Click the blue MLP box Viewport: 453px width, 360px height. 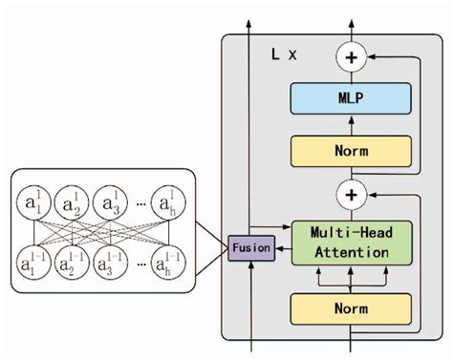coord(351,97)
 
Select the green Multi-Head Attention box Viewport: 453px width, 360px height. coord(351,242)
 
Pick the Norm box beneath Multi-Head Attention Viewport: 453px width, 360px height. coord(351,308)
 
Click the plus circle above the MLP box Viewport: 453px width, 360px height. coord(351,57)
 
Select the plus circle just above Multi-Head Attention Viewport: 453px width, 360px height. coord(351,195)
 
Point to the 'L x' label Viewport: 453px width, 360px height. coord(284,55)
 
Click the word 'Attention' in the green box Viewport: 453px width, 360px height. coord(351,252)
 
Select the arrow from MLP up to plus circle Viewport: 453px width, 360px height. coord(351,75)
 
